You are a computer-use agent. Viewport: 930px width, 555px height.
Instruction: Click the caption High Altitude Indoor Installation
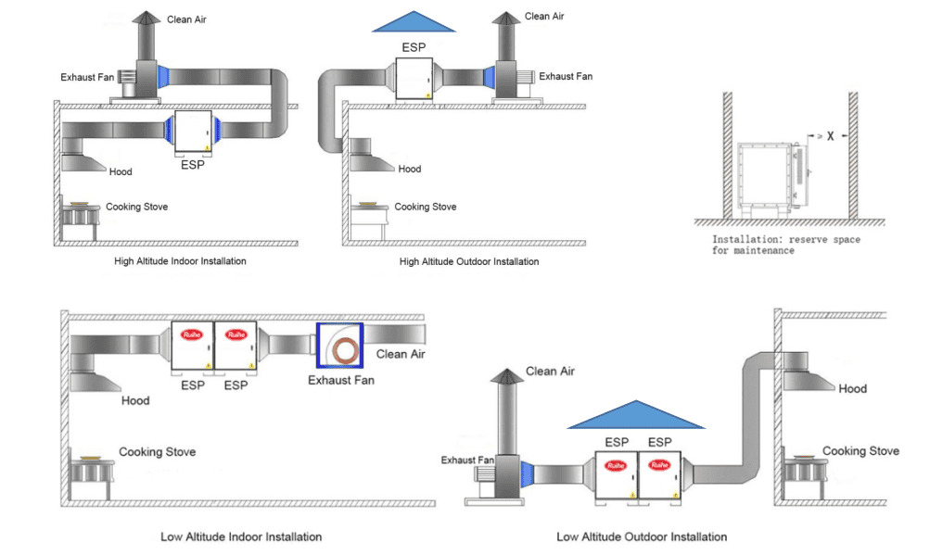180,261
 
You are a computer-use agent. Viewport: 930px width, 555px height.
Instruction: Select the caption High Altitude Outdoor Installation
469,261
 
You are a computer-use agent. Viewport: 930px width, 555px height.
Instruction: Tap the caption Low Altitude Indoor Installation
241,536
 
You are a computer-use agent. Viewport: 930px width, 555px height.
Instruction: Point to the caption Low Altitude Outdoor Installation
642,536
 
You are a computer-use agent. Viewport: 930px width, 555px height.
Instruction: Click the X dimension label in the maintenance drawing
831,136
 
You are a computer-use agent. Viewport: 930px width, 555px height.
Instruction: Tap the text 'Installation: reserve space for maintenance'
785,245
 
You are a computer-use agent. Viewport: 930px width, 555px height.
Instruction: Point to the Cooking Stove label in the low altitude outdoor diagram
860,451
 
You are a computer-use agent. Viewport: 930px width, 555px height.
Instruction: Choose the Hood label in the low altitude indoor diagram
134,401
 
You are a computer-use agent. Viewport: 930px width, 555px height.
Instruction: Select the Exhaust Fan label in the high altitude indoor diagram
87,77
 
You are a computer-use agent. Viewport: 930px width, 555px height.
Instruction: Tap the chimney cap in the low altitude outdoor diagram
506,375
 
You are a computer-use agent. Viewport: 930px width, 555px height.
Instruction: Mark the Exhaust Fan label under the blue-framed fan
341,380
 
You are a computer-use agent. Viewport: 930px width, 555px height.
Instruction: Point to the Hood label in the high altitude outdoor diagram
410,169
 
